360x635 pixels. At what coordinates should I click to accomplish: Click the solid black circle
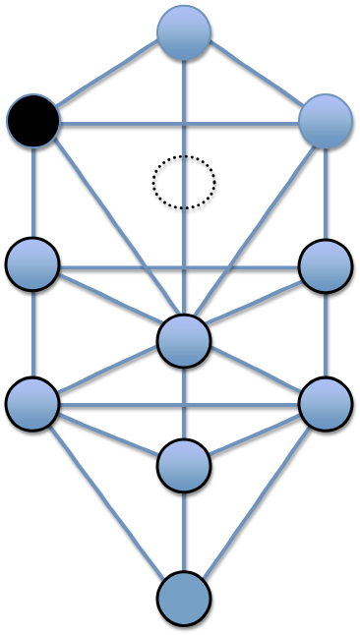[x=33, y=122]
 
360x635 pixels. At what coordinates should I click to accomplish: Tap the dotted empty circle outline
[x=184, y=182]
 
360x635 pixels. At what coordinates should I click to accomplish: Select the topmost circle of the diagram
[x=184, y=31]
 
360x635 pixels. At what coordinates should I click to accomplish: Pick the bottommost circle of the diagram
[x=184, y=598]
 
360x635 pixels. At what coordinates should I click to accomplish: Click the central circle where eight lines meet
[x=184, y=340]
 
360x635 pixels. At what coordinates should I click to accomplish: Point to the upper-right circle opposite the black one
[x=326, y=122]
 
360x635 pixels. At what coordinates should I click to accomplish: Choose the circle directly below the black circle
[x=32, y=264]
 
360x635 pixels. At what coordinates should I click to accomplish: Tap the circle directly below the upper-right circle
[x=326, y=266]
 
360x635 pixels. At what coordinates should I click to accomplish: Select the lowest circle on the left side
[x=32, y=403]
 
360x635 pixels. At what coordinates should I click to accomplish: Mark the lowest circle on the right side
[x=326, y=404]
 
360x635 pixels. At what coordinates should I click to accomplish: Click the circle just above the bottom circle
[x=184, y=465]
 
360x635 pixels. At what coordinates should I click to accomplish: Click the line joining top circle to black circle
[x=108, y=77]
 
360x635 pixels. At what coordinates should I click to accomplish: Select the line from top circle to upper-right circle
[x=256, y=77]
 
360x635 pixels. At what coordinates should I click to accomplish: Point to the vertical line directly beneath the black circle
[x=33, y=193]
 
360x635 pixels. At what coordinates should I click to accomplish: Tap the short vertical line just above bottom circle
[x=184, y=531]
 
